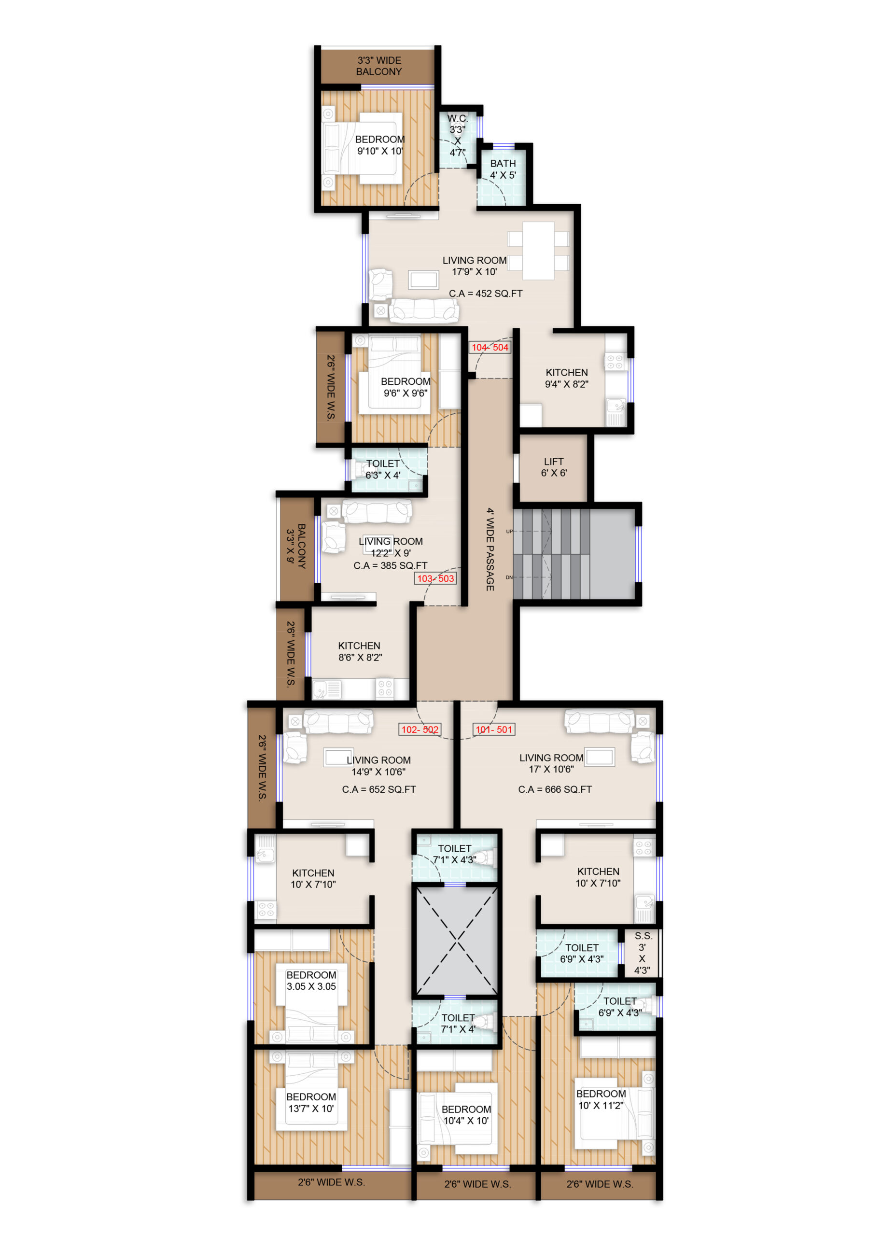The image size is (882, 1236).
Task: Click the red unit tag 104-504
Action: click(490, 348)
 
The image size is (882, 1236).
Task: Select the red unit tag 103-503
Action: click(435, 578)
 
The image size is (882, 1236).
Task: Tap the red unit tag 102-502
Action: click(420, 730)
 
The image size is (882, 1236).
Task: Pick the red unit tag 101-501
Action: click(494, 730)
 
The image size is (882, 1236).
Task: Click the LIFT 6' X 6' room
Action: click(553, 467)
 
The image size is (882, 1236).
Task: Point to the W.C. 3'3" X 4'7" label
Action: click(457, 135)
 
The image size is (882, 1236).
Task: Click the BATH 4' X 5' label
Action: click(503, 169)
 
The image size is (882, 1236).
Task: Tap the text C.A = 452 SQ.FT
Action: click(486, 293)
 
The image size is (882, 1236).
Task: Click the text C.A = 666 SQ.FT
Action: click(555, 789)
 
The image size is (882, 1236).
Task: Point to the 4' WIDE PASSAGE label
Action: click(490, 549)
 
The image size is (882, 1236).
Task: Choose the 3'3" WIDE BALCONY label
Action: click(379, 66)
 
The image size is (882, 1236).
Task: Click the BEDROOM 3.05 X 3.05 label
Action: click(311, 981)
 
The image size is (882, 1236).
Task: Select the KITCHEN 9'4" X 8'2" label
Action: click(566, 379)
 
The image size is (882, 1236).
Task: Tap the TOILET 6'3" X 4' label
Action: click(383, 469)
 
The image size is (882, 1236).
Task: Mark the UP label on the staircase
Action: click(509, 531)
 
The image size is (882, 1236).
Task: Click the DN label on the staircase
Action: click(509, 577)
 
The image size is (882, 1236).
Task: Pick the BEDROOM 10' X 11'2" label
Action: click(601, 1100)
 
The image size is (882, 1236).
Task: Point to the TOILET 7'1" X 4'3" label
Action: click(455, 854)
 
